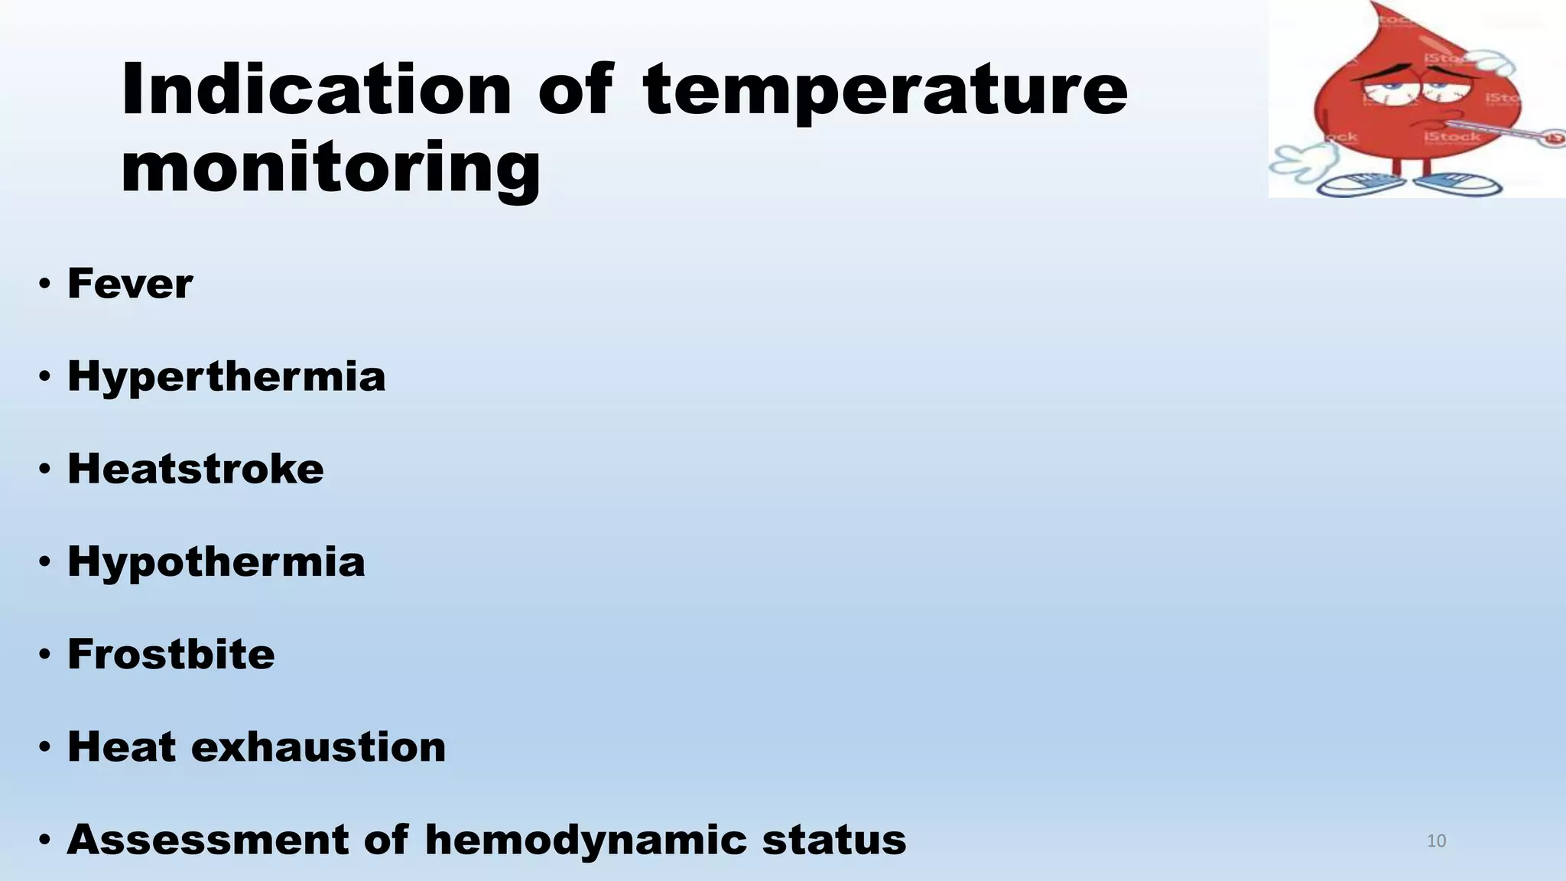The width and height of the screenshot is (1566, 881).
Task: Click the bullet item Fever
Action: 130,284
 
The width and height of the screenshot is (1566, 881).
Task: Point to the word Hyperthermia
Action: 226,376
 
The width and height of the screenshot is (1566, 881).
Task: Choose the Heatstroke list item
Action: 196,469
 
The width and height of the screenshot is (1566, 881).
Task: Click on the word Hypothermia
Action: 216,561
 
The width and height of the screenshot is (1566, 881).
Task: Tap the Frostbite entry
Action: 171,654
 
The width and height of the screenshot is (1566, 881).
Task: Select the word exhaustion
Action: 318,747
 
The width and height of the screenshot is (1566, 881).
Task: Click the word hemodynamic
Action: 585,839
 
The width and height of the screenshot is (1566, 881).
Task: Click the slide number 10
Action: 1436,841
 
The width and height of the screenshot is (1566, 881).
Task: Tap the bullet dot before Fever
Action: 45,284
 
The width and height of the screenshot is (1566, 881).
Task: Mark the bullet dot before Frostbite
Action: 45,655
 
